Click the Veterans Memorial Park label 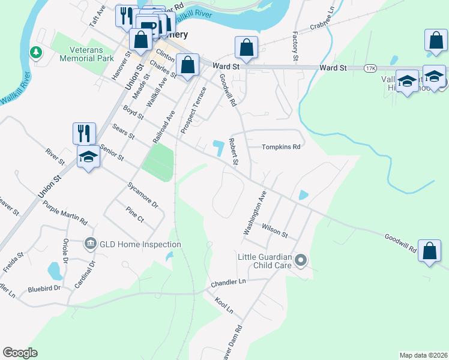point(87,55)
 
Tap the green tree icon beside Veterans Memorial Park point(37,53)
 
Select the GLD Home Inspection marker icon point(91,244)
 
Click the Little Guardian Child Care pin point(301,260)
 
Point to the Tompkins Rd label point(280,147)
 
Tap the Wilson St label point(276,230)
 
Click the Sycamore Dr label point(143,195)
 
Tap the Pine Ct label point(135,215)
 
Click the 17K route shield point(370,68)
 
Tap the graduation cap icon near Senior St point(88,157)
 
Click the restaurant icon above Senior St point(84,133)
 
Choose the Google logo point(20,352)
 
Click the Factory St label point(295,46)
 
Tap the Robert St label point(234,154)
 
